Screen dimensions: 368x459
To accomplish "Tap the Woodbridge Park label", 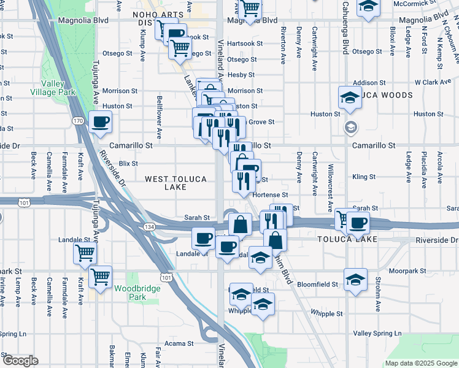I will (129, 292).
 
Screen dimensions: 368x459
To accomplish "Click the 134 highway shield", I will (149, 227).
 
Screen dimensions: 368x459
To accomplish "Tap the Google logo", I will (20, 361).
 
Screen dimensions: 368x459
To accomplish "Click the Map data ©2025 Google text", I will (420, 363).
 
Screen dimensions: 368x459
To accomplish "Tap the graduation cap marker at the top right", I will (369, 7).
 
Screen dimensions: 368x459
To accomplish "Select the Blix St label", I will (128, 163).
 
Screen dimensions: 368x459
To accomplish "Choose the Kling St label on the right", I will (364, 177).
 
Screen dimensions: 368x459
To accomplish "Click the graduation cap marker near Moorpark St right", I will (355, 280).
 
